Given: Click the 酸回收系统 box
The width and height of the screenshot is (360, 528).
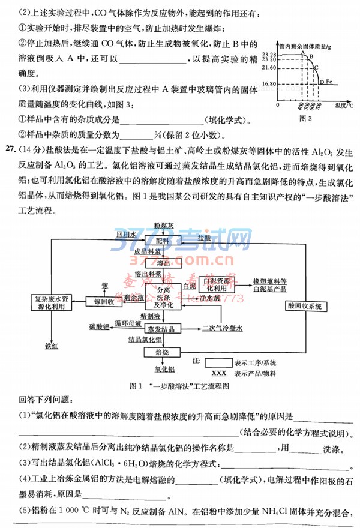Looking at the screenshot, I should pos(310,305).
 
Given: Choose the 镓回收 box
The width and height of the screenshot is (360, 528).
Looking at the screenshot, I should pos(104,301).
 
